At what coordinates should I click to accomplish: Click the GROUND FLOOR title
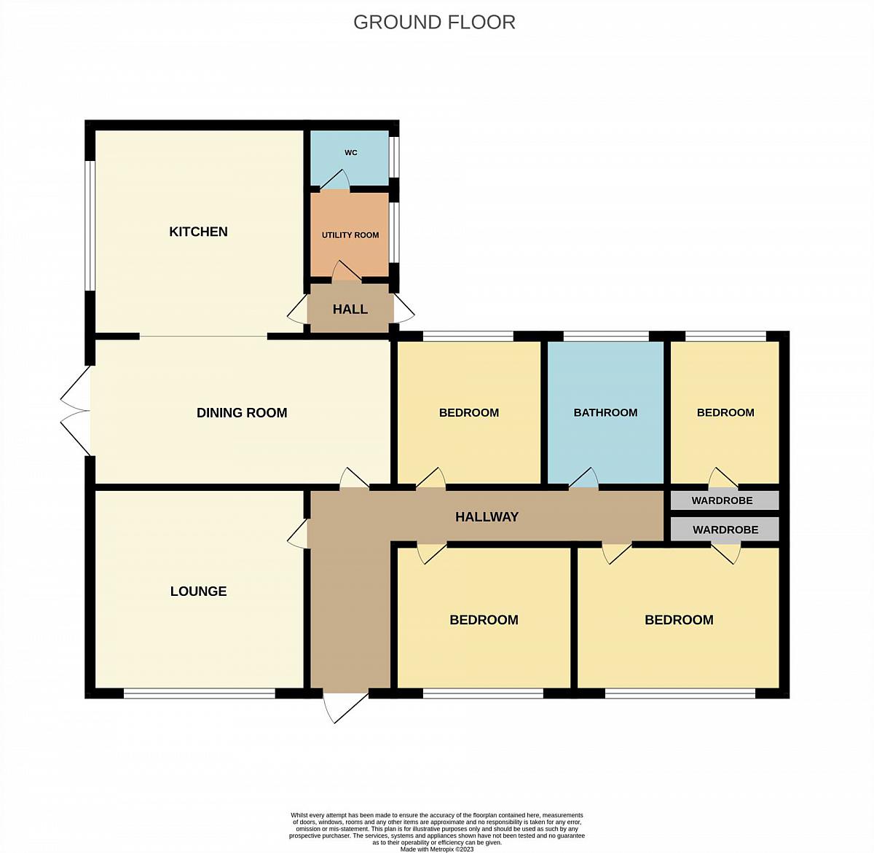tap(434, 23)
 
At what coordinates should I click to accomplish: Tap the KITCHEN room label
tap(198, 232)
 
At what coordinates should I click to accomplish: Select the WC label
tap(351, 153)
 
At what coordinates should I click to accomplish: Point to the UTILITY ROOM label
tap(350, 235)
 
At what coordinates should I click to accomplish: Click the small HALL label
tap(350, 309)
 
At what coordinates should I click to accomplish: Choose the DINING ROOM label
tap(242, 413)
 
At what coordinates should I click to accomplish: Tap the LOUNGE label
tap(198, 591)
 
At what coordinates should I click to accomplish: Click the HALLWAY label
tap(487, 517)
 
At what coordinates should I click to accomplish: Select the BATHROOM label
tap(605, 412)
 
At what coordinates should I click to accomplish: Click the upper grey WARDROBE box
tap(725, 500)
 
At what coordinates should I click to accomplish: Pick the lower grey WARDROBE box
tap(725, 529)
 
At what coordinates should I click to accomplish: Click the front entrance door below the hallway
tap(346, 706)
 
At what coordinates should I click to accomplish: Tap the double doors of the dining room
tap(76, 411)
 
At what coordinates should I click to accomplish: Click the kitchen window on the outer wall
tap(90, 226)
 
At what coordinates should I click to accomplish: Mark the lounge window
tap(199, 693)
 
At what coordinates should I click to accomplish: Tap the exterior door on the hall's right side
tap(404, 308)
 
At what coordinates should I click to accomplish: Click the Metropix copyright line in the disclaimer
tap(436, 849)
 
